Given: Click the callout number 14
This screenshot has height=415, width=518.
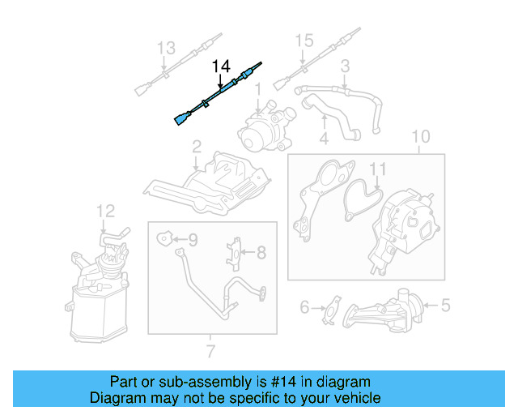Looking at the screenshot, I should click(x=221, y=66).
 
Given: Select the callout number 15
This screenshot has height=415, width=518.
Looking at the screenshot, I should click(x=303, y=41).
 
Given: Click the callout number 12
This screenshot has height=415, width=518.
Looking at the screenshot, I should click(x=106, y=212).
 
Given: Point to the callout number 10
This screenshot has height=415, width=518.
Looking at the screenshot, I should click(x=420, y=135).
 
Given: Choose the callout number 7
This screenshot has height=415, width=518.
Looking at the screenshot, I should click(x=210, y=351).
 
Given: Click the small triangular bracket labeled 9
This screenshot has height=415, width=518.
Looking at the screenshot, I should click(x=164, y=238).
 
